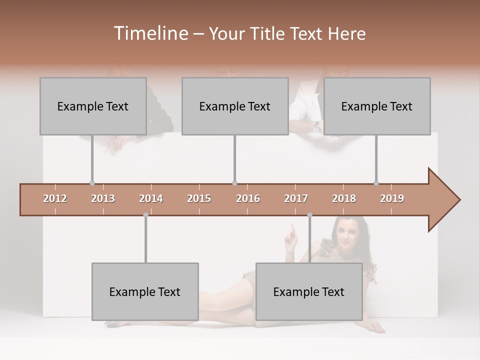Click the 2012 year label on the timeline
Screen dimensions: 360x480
[55, 198]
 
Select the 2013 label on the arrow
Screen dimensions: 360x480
[103, 198]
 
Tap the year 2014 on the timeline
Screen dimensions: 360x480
[151, 198]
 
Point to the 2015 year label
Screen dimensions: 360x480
[199, 198]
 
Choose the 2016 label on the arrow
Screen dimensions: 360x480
[248, 198]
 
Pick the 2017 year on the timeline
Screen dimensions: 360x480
[296, 198]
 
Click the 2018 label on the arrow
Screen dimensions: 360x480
[344, 198]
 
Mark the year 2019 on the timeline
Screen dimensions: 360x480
[392, 198]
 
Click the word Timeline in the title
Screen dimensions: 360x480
[150, 33]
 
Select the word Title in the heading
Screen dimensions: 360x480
[268, 33]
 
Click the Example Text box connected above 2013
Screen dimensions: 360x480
[93, 106]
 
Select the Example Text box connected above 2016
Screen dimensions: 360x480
[235, 106]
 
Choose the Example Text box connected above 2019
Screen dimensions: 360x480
[377, 106]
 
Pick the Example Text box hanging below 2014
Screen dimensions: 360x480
[145, 291]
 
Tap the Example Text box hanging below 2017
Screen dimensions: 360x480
[309, 291]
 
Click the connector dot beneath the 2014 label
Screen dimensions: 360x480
[145, 215]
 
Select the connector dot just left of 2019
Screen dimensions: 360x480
[376, 183]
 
